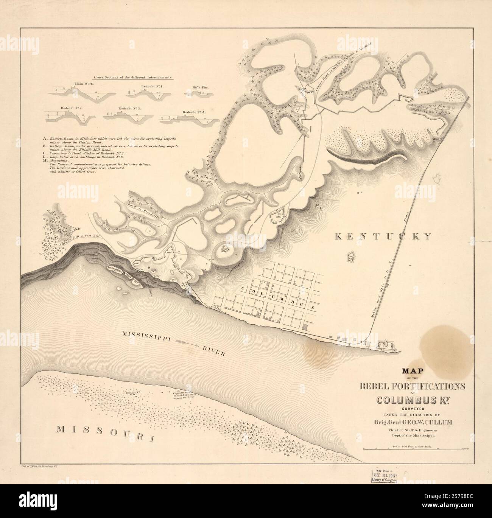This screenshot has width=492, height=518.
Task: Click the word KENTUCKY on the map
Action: click(383, 236)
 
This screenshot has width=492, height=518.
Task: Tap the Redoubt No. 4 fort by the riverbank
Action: click(386, 345)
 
